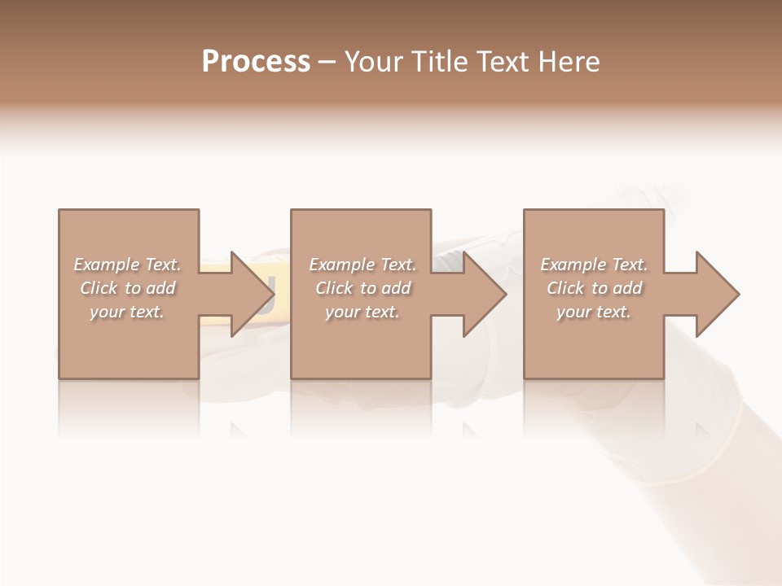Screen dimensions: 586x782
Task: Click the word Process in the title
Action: tap(256, 62)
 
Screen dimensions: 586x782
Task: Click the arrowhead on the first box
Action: tap(248, 294)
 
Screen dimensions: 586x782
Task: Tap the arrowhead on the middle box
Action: tap(482, 294)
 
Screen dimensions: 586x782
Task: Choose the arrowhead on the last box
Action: tap(715, 294)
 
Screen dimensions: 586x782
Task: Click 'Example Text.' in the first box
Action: tap(127, 265)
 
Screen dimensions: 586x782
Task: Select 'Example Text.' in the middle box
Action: tap(362, 265)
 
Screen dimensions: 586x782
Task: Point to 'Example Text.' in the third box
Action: tap(594, 265)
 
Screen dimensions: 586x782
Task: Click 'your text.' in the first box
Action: tap(127, 312)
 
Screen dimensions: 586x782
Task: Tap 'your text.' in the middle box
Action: tap(362, 312)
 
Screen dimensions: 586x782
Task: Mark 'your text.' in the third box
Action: tap(594, 312)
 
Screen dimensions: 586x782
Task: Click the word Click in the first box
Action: tap(99, 288)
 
